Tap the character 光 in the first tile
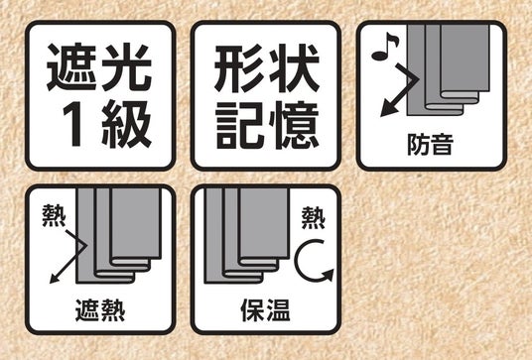pyautogui.click(x=126, y=67)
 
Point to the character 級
pyautogui.click(x=126, y=124)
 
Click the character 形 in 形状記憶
pyautogui.click(x=238, y=68)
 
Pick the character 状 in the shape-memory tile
pyautogui.click(x=294, y=68)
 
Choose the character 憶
pyautogui.click(x=294, y=125)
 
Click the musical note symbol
pyautogui.click(x=385, y=47)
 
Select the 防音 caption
pyautogui.click(x=430, y=145)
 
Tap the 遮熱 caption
pyautogui.click(x=100, y=310)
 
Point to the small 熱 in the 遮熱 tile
pyautogui.click(x=55, y=215)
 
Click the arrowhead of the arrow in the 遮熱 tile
pyautogui.click(x=56, y=278)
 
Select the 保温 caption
pyautogui.click(x=265, y=310)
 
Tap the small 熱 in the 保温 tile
pyautogui.click(x=314, y=218)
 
